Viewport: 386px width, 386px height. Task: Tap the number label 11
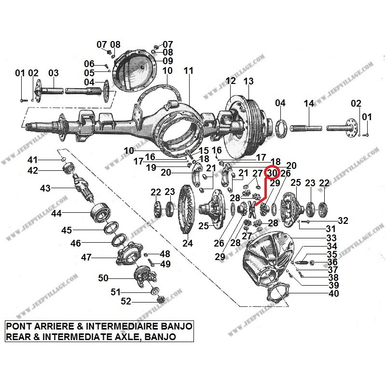[x=188, y=70]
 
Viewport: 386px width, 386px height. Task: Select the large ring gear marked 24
[x=186, y=210]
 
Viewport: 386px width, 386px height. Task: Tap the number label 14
[x=309, y=103]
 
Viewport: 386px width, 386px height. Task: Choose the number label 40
[x=333, y=293]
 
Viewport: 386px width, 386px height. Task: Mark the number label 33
[x=331, y=238]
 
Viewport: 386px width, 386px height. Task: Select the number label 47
[x=86, y=258]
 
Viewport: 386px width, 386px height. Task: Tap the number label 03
[x=53, y=73]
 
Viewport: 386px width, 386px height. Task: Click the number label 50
[x=103, y=278]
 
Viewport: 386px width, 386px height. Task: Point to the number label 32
[x=343, y=221]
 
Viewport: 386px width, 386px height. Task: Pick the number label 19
[x=151, y=168]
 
